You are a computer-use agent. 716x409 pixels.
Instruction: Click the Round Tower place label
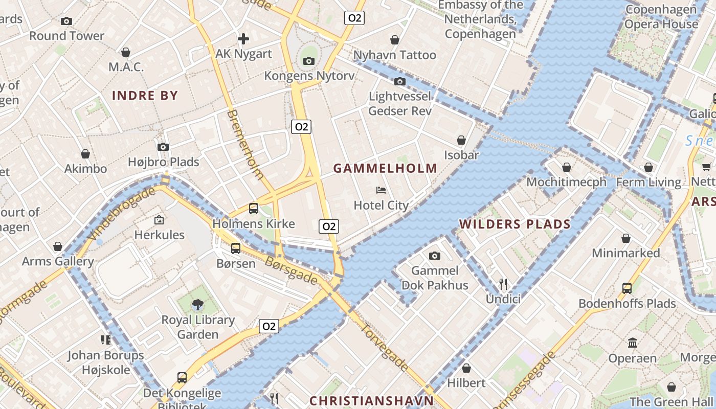coord(66,36)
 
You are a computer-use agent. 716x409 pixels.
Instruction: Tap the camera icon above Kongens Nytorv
coord(308,61)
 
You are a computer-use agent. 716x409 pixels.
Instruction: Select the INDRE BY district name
coord(145,96)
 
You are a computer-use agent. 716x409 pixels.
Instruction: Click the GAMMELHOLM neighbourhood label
coord(386,168)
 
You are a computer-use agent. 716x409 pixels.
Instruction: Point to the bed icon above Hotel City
coord(381,190)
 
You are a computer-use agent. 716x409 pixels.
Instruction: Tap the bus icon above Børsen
coord(235,248)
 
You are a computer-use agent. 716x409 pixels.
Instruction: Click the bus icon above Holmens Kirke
coord(254,208)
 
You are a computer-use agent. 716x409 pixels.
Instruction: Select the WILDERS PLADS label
coord(514,224)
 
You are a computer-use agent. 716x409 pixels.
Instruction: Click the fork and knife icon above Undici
coord(503,284)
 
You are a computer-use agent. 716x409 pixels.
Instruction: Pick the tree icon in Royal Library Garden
coord(197,305)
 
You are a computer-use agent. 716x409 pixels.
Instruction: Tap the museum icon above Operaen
coord(633,343)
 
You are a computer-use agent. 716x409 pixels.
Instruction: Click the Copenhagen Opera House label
coord(661,17)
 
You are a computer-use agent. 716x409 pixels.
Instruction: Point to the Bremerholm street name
coord(245,144)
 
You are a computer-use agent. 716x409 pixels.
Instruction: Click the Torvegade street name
coord(385,347)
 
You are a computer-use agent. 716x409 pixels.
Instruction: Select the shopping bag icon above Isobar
coord(461,140)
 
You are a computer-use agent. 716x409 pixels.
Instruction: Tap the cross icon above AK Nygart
coord(243,39)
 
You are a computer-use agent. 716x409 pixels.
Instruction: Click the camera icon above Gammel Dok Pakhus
coord(435,256)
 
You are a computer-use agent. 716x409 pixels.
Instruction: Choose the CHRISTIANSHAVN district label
coord(372,401)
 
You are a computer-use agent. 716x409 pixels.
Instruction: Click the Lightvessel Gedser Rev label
coord(400,104)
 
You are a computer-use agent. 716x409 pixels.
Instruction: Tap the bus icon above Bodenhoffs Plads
coord(627,288)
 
